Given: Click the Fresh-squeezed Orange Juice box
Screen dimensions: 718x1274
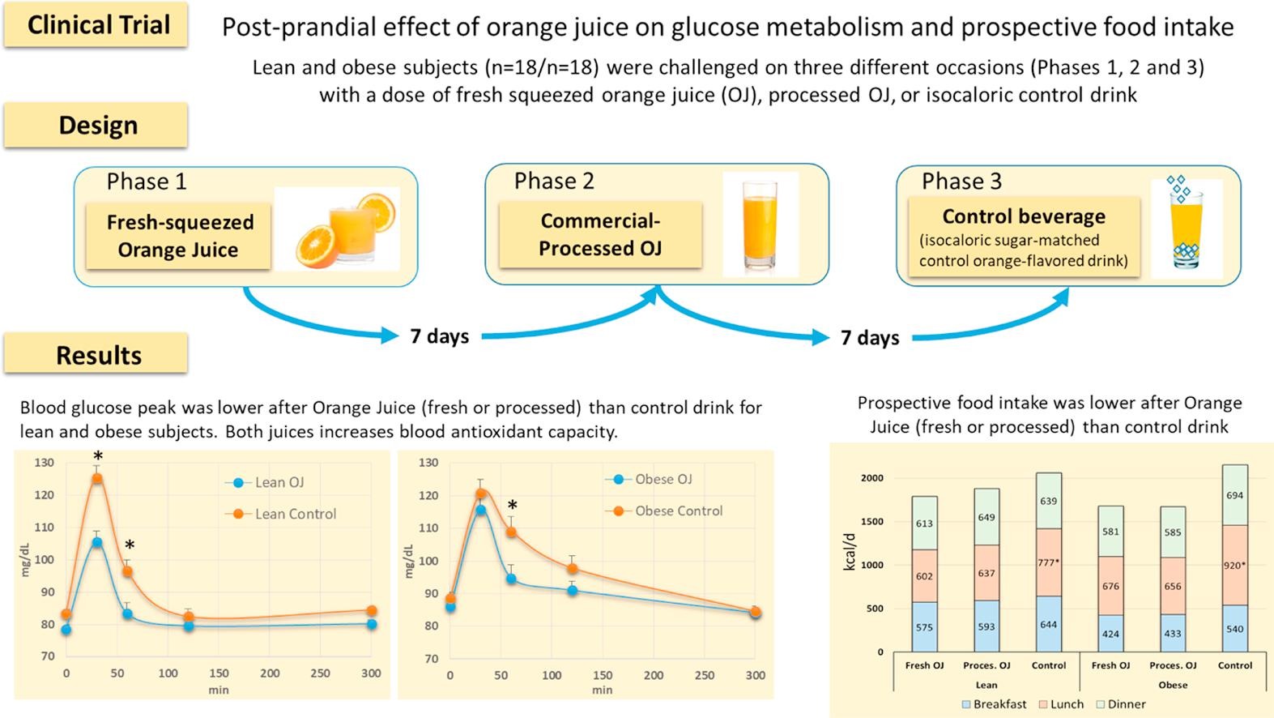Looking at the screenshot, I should (179, 236).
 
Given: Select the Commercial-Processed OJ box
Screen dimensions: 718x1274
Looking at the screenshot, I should (600, 234).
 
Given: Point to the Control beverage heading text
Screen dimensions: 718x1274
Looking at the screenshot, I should (1024, 216).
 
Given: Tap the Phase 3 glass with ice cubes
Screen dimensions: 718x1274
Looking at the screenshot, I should (1186, 224).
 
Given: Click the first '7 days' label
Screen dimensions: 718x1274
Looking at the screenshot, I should (439, 335).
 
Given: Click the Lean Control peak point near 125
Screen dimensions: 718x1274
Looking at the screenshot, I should (97, 478).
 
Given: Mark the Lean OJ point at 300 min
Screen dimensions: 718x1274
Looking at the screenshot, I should (371, 624).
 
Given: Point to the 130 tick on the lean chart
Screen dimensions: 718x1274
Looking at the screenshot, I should (45, 463).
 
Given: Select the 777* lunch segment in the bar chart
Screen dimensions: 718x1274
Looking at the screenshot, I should (1049, 562).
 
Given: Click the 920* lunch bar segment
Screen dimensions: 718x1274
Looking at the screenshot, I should (1234, 565).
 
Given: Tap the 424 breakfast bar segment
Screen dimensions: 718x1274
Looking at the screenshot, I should (1110, 634).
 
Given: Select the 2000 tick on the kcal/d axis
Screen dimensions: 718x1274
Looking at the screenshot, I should (871, 478).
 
